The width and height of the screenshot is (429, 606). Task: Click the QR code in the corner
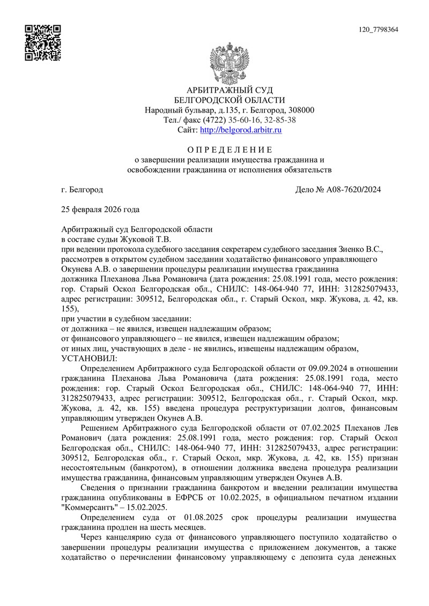click(43, 43)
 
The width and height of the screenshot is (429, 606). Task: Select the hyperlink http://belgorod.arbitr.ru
click(241, 130)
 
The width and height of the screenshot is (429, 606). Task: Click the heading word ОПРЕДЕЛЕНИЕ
click(230, 149)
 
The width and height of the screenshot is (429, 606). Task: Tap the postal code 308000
click(298, 110)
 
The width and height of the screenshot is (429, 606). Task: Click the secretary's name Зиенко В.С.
click(361, 249)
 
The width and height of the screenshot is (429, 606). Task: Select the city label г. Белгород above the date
click(82, 190)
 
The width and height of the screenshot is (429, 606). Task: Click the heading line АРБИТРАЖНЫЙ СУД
click(230, 90)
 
